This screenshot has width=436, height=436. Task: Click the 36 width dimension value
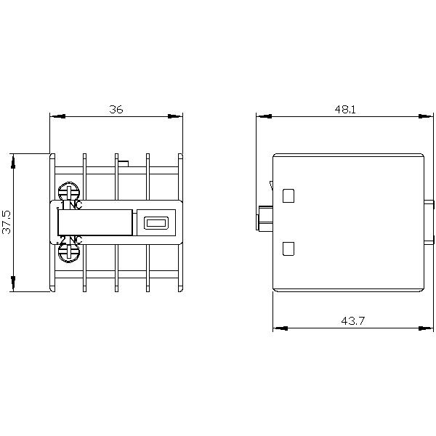tap(116, 109)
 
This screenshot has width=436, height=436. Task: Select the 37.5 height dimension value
tap(7, 222)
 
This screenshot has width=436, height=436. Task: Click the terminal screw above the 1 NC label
tap(69, 192)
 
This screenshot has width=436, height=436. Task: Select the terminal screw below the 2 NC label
tap(69, 252)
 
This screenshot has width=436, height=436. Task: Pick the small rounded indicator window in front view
tap(154, 223)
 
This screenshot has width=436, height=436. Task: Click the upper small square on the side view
tap(288, 195)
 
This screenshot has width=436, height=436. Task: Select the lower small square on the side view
tap(288, 248)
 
